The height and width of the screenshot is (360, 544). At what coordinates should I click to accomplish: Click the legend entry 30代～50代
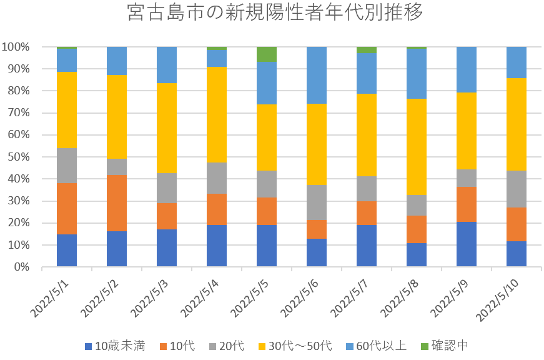(x=300, y=346)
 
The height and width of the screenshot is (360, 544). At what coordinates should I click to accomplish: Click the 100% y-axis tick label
(x=16, y=47)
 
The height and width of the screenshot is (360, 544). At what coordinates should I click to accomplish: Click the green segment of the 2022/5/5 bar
(x=267, y=54)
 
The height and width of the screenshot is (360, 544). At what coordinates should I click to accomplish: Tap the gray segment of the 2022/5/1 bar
(x=67, y=166)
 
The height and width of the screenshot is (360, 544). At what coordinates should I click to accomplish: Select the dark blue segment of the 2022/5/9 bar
(x=467, y=244)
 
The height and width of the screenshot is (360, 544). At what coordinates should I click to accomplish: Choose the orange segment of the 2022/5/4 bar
(x=217, y=209)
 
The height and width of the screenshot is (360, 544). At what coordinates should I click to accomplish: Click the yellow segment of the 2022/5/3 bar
(x=167, y=128)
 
